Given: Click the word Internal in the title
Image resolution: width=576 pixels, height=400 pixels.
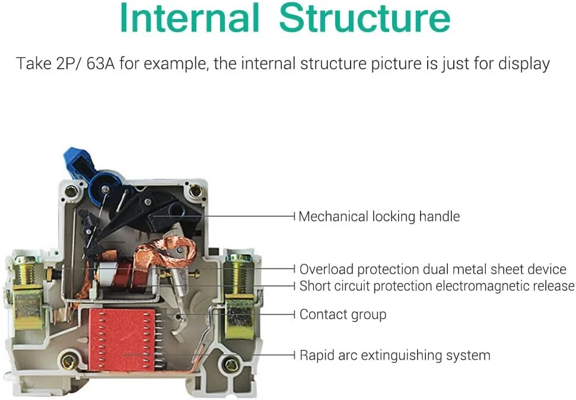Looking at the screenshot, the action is coord(190,17).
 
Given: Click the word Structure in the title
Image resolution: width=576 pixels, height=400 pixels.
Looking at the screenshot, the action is coord(365,17).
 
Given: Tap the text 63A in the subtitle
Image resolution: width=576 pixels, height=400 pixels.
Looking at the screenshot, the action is coord(100,63).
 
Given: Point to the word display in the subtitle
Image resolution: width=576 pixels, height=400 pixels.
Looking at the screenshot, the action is coord(524,64).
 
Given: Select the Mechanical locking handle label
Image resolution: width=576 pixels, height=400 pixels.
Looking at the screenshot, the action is coord(379,216).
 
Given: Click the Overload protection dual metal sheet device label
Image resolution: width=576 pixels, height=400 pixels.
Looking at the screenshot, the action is coord(432,269).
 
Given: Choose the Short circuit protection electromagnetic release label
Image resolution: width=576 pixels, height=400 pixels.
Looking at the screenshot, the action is coord(437,286).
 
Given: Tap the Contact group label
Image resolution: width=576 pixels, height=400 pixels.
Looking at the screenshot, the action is coord(343,315).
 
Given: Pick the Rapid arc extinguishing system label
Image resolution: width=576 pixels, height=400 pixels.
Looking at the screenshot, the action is coord(395,355).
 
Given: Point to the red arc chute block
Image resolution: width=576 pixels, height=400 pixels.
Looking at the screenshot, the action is coord(122,339).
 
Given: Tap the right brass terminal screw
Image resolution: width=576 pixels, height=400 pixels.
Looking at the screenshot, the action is coord(239,274).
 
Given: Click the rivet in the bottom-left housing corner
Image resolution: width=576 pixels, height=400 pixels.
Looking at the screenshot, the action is coord(69,361).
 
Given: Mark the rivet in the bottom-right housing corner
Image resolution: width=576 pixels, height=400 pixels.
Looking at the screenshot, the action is coord(231,365).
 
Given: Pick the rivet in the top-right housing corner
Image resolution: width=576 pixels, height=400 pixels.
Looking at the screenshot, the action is coord(195,191).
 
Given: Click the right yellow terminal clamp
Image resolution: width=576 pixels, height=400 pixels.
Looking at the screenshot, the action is coord(239,316).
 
